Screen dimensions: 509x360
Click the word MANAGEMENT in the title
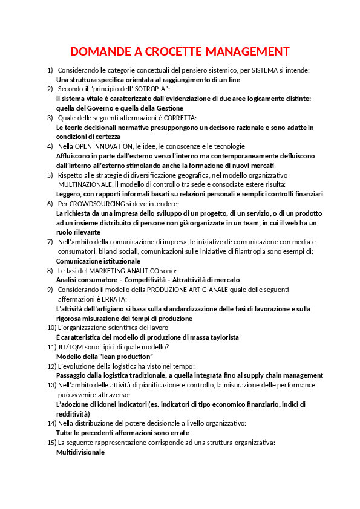click(247, 51)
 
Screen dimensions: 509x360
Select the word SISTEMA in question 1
click(265, 71)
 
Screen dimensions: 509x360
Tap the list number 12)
click(52, 366)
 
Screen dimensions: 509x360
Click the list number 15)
click(52, 443)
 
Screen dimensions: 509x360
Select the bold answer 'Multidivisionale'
click(80, 452)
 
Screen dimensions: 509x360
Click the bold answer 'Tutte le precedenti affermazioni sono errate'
click(122, 433)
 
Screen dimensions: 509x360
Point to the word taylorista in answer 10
click(220, 337)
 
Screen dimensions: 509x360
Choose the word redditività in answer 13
click(73, 413)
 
